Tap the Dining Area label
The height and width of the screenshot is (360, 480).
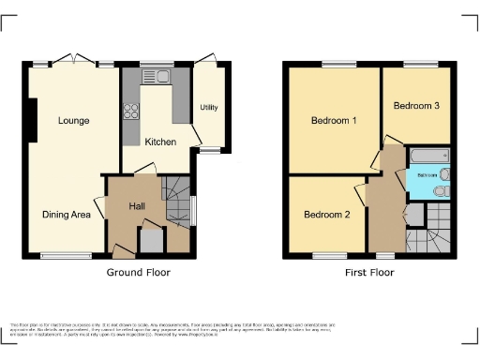[66, 215]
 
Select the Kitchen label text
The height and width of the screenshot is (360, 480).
[160, 142]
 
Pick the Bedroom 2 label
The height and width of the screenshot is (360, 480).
[326, 215]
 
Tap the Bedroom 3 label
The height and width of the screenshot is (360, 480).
[416, 106]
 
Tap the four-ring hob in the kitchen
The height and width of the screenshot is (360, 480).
[130, 112]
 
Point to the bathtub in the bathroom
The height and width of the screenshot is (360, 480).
[428, 153]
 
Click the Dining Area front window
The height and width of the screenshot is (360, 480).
[66, 254]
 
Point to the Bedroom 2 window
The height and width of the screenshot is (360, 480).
[326, 254]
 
